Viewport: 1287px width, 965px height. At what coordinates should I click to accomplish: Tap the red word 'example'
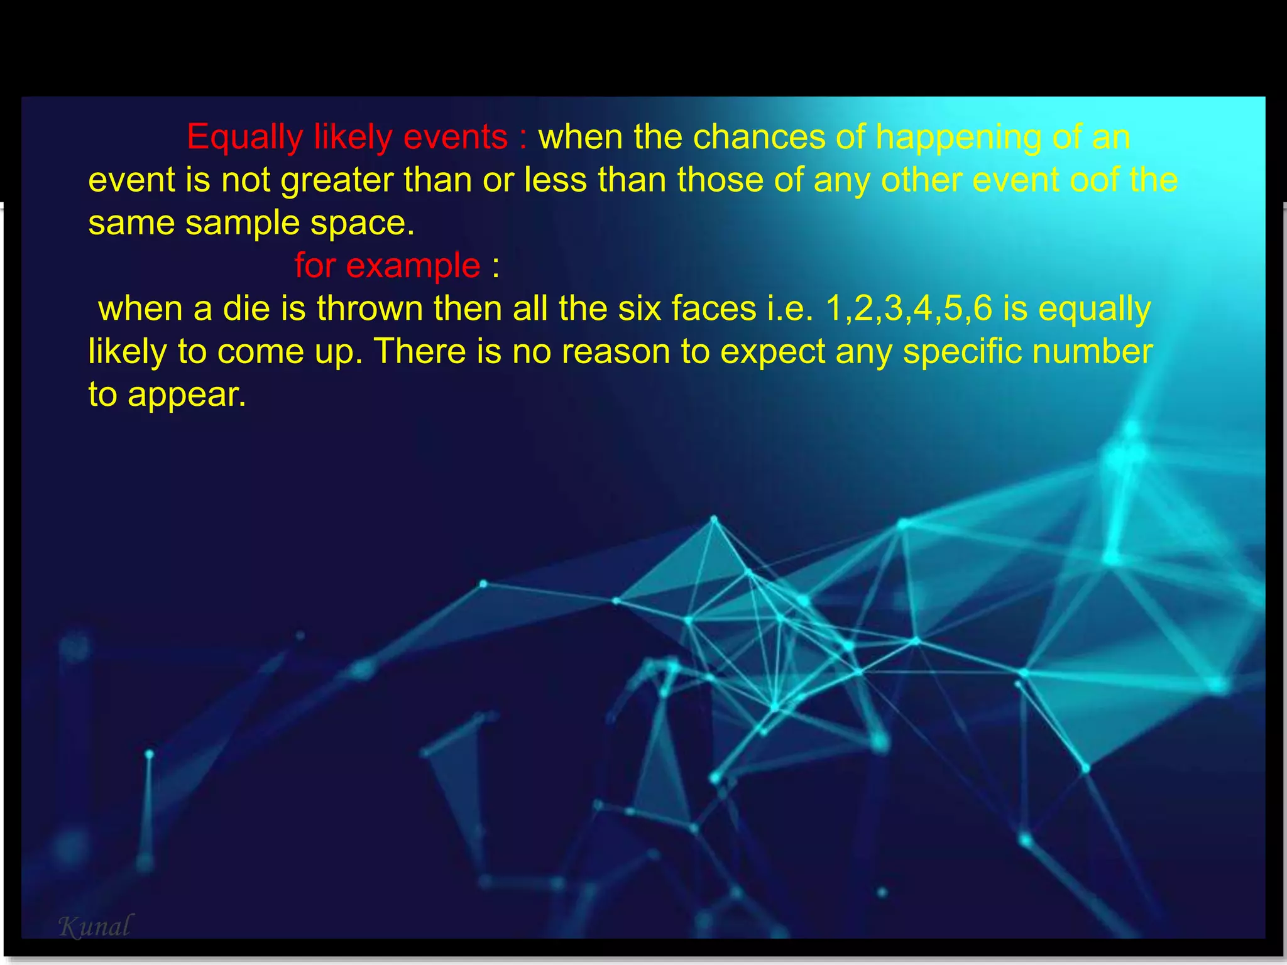click(413, 266)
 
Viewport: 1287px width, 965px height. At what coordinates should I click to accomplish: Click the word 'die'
click(246, 308)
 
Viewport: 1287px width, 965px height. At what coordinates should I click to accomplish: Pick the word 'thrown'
click(370, 308)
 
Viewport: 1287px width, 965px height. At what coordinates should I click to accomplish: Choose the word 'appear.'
click(187, 395)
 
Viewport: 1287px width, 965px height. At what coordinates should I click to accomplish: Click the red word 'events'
click(456, 137)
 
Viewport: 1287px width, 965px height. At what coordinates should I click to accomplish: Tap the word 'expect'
click(772, 352)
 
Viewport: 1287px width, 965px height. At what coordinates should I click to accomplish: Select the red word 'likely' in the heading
click(353, 138)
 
